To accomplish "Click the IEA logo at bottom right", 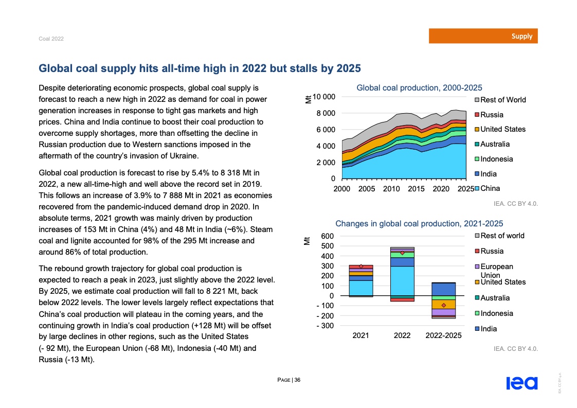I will [x=521, y=383].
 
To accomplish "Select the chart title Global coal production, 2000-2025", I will [x=419, y=88].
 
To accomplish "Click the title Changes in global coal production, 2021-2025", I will [x=419, y=223].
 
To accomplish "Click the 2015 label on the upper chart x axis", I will [x=416, y=189].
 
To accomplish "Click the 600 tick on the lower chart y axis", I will [x=328, y=236].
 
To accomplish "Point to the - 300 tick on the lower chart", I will [x=324, y=326].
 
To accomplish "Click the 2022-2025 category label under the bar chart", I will [x=443, y=335].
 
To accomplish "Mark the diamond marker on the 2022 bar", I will [x=402, y=253].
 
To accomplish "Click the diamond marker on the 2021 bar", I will [x=361, y=266].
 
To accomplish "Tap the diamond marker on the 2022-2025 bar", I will [x=443, y=306].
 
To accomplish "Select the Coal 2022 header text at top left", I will [x=51, y=39].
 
